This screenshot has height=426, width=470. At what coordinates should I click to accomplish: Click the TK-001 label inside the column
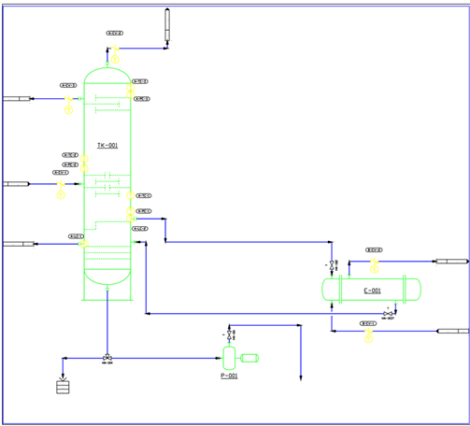pos(107,146)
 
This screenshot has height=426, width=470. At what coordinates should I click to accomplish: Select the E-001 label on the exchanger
pos(372,291)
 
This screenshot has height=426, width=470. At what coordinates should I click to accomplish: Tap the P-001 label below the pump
pos(229,376)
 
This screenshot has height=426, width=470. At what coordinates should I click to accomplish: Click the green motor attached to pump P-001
pos(249,357)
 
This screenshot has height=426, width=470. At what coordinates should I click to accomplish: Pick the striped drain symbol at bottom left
pos(64,386)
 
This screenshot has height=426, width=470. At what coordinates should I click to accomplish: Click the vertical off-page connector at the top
pos(167,25)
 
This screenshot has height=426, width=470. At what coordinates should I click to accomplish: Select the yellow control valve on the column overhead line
pos(115,50)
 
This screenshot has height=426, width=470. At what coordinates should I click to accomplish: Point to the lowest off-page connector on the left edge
pos(17,244)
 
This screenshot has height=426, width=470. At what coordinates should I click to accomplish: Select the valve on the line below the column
pos(107,358)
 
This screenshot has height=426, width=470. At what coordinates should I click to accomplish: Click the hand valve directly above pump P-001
pos(229,334)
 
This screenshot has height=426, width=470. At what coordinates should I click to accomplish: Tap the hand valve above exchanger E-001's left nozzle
pos(333,265)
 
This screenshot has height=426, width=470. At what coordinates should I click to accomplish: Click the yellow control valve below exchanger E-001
pos(368,335)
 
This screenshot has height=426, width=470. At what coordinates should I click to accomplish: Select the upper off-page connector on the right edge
pos(451,261)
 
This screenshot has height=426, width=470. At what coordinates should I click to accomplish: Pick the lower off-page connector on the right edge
pos(454,331)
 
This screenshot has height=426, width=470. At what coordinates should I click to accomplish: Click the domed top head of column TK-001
pos(107,75)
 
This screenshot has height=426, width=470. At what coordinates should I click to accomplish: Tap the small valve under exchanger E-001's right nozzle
pos(389,312)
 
